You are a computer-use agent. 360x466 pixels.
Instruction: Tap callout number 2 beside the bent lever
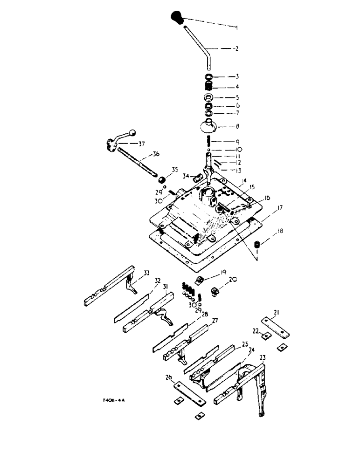(236, 48)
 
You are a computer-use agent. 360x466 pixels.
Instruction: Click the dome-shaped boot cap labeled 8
(209, 126)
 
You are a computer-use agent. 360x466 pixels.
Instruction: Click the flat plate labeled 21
(275, 326)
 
